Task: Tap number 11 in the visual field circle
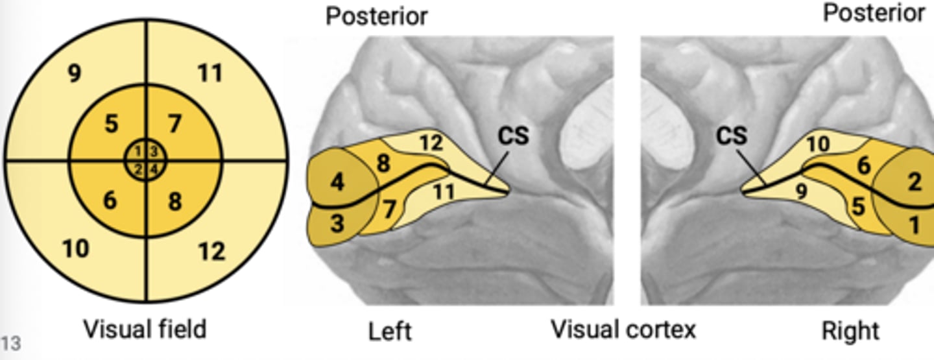pyautogui.click(x=210, y=73)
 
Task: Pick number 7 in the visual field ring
pyautogui.click(x=174, y=123)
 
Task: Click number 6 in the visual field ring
pyautogui.click(x=110, y=200)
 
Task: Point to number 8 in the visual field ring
pyautogui.click(x=175, y=202)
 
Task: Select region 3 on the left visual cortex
pyautogui.click(x=338, y=224)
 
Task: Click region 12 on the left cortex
pyautogui.click(x=431, y=142)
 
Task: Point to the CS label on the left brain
pyautogui.click(x=513, y=136)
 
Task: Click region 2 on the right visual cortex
pyautogui.click(x=914, y=182)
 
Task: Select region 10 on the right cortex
pyautogui.click(x=818, y=143)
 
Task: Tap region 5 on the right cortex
pyautogui.click(x=857, y=208)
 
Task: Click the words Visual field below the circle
pyautogui.click(x=144, y=329)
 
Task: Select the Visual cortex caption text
pyautogui.click(x=623, y=330)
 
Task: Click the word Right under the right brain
pyautogui.click(x=850, y=331)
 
